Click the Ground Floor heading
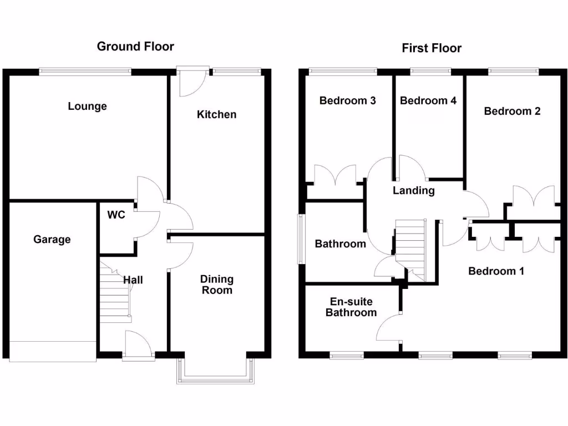click(x=135, y=46)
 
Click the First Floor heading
click(x=432, y=48)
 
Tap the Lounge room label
click(x=87, y=106)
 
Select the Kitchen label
click(x=216, y=114)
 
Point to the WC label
click(x=116, y=215)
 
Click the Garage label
click(x=52, y=239)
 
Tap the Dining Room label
click(x=217, y=284)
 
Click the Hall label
click(x=133, y=280)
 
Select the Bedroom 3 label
click(x=348, y=100)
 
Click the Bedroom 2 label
click(x=512, y=111)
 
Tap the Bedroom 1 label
click(x=496, y=271)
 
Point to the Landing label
click(x=413, y=191)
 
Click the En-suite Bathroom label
click(x=351, y=307)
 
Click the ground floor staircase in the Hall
click(x=115, y=294)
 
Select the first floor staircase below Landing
click(x=410, y=244)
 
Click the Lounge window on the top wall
click(x=85, y=70)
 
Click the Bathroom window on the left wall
click(x=301, y=239)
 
